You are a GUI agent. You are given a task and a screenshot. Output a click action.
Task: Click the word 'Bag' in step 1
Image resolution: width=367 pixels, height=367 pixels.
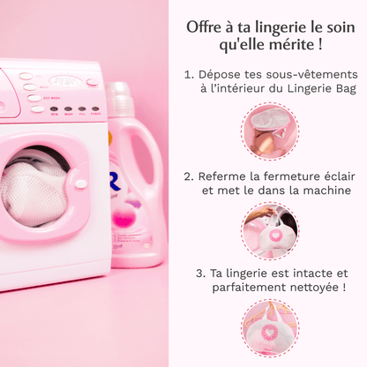pyautogui.click(x=347, y=89)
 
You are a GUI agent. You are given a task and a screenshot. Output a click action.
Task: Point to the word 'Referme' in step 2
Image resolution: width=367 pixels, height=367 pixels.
pyautogui.click(x=222, y=176)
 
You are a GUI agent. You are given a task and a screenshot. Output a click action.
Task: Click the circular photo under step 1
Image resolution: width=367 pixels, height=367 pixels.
pyautogui.click(x=270, y=131)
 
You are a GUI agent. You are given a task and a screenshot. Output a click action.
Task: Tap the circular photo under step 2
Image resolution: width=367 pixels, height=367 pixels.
pyautogui.click(x=270, y=230)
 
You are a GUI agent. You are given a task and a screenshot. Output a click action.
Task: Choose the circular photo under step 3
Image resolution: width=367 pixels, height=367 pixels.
pyautogui.click(x=270, y=327)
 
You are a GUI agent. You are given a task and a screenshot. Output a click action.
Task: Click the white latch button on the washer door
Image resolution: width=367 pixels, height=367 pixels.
pyautogui.click(x=81, y=184)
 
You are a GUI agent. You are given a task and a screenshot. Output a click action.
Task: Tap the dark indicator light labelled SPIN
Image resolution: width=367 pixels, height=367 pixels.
pyautogui.click(x=54, y=109)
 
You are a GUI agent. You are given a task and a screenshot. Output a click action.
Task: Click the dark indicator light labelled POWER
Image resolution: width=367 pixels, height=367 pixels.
pyautogui.click(x=95, y=109)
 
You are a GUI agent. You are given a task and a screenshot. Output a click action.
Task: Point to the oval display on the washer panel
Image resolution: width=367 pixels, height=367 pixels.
pyautogui.click(x=65, y=81)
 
